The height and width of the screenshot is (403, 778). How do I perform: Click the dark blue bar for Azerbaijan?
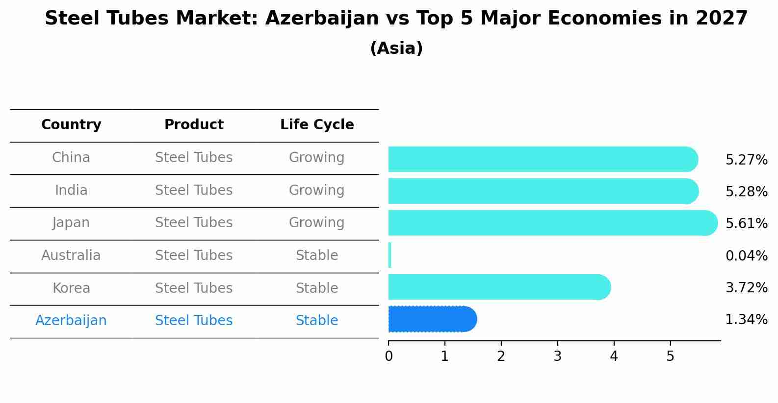coord(432,319)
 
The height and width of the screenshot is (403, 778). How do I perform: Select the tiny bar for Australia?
coord(389,255)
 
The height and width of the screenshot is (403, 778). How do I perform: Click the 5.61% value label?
coord(746,224)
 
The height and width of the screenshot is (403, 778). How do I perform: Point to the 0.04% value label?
coord(746,256)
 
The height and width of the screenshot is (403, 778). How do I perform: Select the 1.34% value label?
coord(746,320)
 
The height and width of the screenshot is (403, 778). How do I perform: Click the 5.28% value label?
coord(746,191)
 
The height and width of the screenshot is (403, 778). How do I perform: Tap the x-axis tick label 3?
coord(557,356)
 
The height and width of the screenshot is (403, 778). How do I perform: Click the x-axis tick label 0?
coord(389,356)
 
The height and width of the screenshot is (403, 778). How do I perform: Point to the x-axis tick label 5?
coord(670,356)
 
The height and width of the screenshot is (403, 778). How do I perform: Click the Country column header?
coord(71,125)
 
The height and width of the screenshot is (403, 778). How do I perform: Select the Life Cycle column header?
coord(317,125)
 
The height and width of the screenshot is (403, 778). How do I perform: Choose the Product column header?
coord(194,125)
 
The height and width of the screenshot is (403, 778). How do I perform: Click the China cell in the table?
coord(71,158)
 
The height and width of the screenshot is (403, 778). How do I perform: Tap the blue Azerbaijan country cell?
coord(71,321)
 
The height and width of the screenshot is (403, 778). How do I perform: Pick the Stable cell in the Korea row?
coord(317,288)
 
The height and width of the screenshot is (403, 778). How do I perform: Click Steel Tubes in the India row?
coord(194,190)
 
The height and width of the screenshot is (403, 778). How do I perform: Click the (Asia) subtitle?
coord(396,48)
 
